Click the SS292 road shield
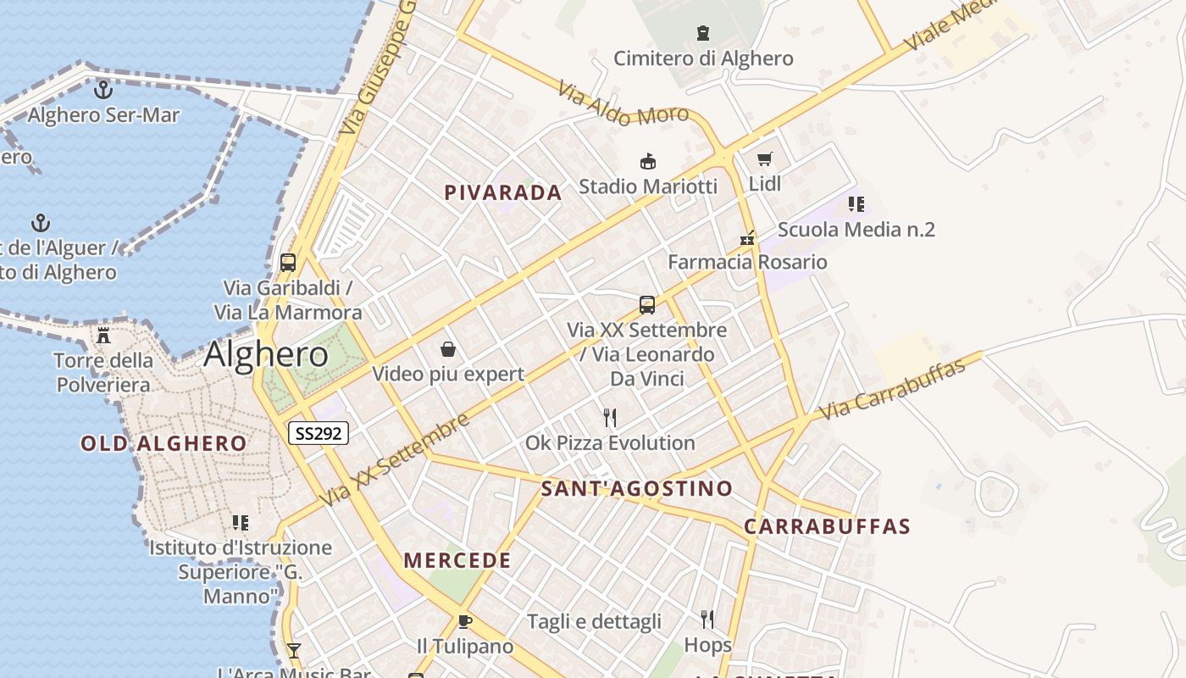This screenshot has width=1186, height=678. [x=319, y=433]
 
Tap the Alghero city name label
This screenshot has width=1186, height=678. [x=266, y=354]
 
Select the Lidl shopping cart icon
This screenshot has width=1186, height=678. [x=765, y=158]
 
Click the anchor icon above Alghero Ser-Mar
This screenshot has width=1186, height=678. [x=103, y=88]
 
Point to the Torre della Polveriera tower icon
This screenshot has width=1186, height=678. [x=103, y=335]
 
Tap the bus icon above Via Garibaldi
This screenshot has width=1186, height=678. [x=288, y=262]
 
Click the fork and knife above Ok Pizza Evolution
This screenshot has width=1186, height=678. [x=609, y=417]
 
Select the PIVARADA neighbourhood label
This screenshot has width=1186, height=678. [x=503, y=193]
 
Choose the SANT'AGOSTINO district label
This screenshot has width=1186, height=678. [x=636, y=488]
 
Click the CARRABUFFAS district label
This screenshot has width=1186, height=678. [x=827, y=526]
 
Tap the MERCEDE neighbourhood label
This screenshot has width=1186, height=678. [x=457, y=560]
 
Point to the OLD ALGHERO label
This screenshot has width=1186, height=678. [x=163, y=443]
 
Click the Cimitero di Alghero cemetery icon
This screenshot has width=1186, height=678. [x=702, y=34]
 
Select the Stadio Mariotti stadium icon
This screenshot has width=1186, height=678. [x=648, y=161]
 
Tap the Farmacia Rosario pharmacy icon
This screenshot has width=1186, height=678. [x=747, y=237]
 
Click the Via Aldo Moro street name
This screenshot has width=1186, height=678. [x=623, y=104]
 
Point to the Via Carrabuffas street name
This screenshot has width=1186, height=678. [x=893, y=390]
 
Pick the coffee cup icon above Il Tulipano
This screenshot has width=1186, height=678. [x=464, y=621]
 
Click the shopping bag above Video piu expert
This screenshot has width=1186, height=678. [x=448, y=349]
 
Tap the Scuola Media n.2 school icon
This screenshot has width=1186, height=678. [x=856, y=204]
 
